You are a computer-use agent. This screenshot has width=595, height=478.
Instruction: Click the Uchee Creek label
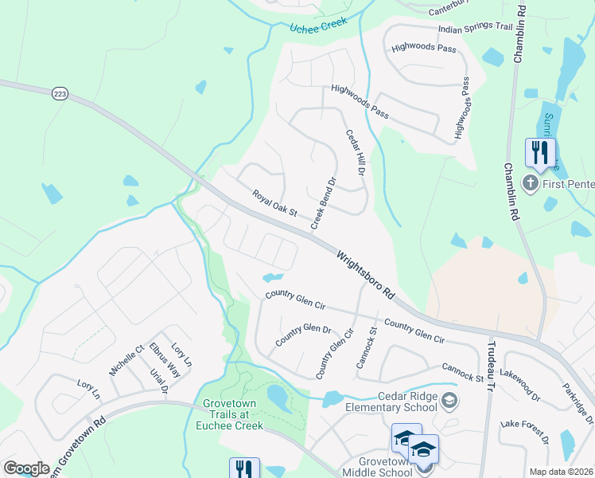[313, 29]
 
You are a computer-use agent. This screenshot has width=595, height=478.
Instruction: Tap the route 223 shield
[60, 95]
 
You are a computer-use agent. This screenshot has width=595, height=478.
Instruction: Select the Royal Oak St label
[274, 203]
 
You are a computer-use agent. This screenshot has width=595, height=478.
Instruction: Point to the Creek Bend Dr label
[325, 202]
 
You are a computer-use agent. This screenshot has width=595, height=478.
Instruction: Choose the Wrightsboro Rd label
[365, 275]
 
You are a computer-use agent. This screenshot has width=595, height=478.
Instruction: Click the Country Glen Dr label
[303, 335]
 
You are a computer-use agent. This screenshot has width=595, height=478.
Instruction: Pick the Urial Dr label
[159, 381]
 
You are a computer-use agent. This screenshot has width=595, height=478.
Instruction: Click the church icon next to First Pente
[531, 184]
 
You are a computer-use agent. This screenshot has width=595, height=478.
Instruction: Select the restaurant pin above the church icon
[540, 152]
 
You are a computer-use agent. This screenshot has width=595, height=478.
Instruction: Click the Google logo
[26, 468]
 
